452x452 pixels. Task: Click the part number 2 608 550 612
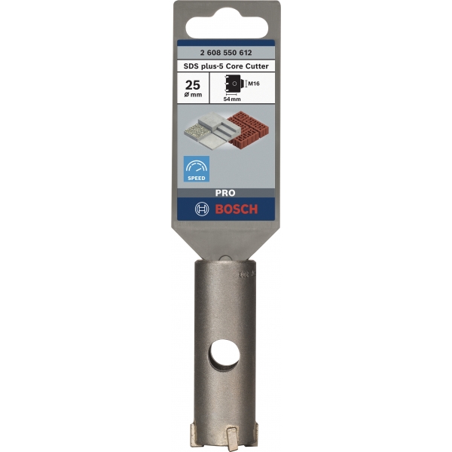(x=226, y=53)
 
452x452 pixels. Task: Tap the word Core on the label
(x=234, y=66)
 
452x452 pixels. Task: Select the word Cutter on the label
(x=257, y=66)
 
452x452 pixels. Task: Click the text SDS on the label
(x=190, y=66)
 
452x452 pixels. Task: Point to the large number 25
(x=193, y=85)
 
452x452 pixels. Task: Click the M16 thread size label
(x=254, y=84)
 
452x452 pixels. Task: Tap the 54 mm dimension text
(x=232, y=99)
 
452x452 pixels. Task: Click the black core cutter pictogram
(x=233, y=84)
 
